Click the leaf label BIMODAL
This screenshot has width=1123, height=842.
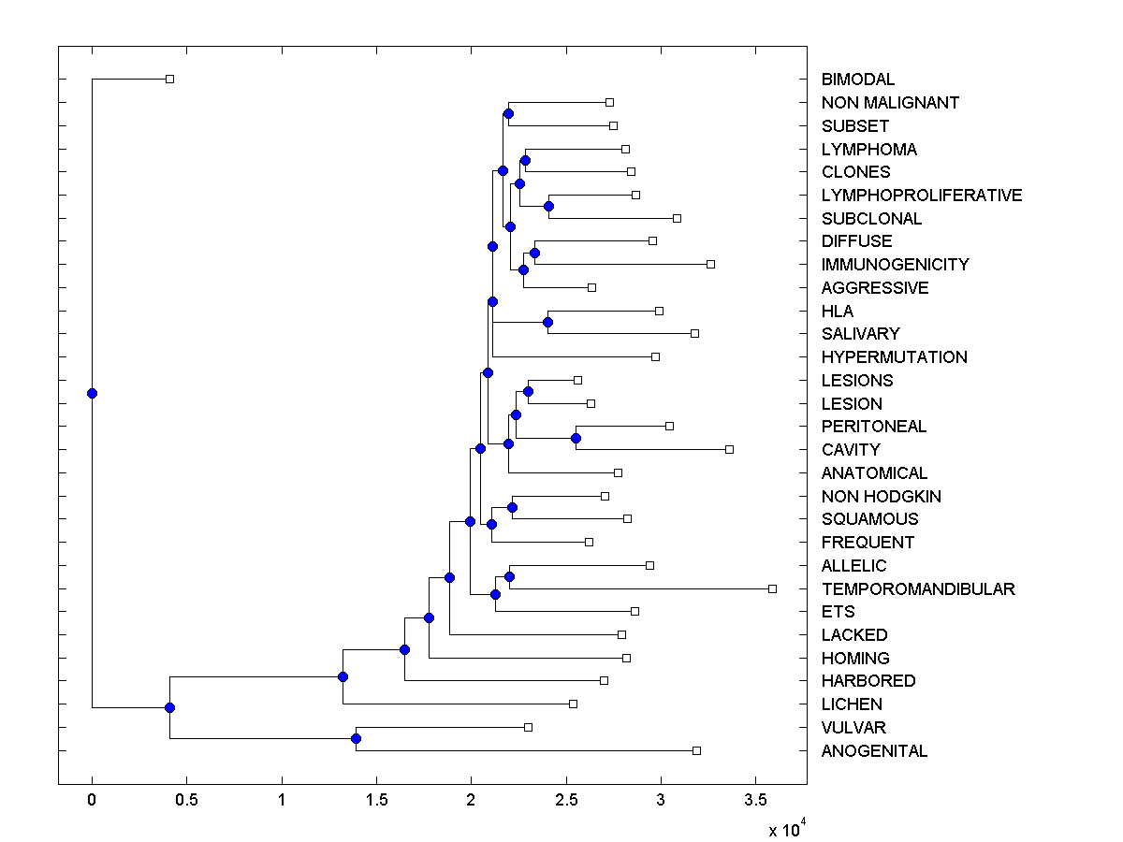857,80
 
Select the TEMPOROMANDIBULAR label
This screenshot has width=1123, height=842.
918,588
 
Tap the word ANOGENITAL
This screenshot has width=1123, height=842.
874,750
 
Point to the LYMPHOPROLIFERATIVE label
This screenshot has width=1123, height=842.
922,195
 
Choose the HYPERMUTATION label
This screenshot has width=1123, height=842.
894,356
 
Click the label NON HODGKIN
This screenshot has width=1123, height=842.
881,496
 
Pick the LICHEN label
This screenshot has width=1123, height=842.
852,704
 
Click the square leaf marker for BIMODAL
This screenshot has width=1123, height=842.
169,79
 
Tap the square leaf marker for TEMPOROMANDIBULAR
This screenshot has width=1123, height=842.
772,588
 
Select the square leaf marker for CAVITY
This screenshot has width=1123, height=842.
729,449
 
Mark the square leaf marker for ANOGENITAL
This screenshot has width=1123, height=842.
696,750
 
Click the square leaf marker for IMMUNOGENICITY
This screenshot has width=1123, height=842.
710,264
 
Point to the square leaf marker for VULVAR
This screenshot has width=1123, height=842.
528,727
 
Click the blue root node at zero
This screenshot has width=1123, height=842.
92,393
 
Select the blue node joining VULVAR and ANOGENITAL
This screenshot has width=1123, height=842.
356,738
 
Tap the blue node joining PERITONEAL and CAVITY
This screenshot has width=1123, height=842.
576,438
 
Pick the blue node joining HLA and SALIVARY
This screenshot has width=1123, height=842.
547,322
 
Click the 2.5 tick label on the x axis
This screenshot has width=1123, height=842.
566,800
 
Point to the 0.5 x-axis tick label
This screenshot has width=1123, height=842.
186,800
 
